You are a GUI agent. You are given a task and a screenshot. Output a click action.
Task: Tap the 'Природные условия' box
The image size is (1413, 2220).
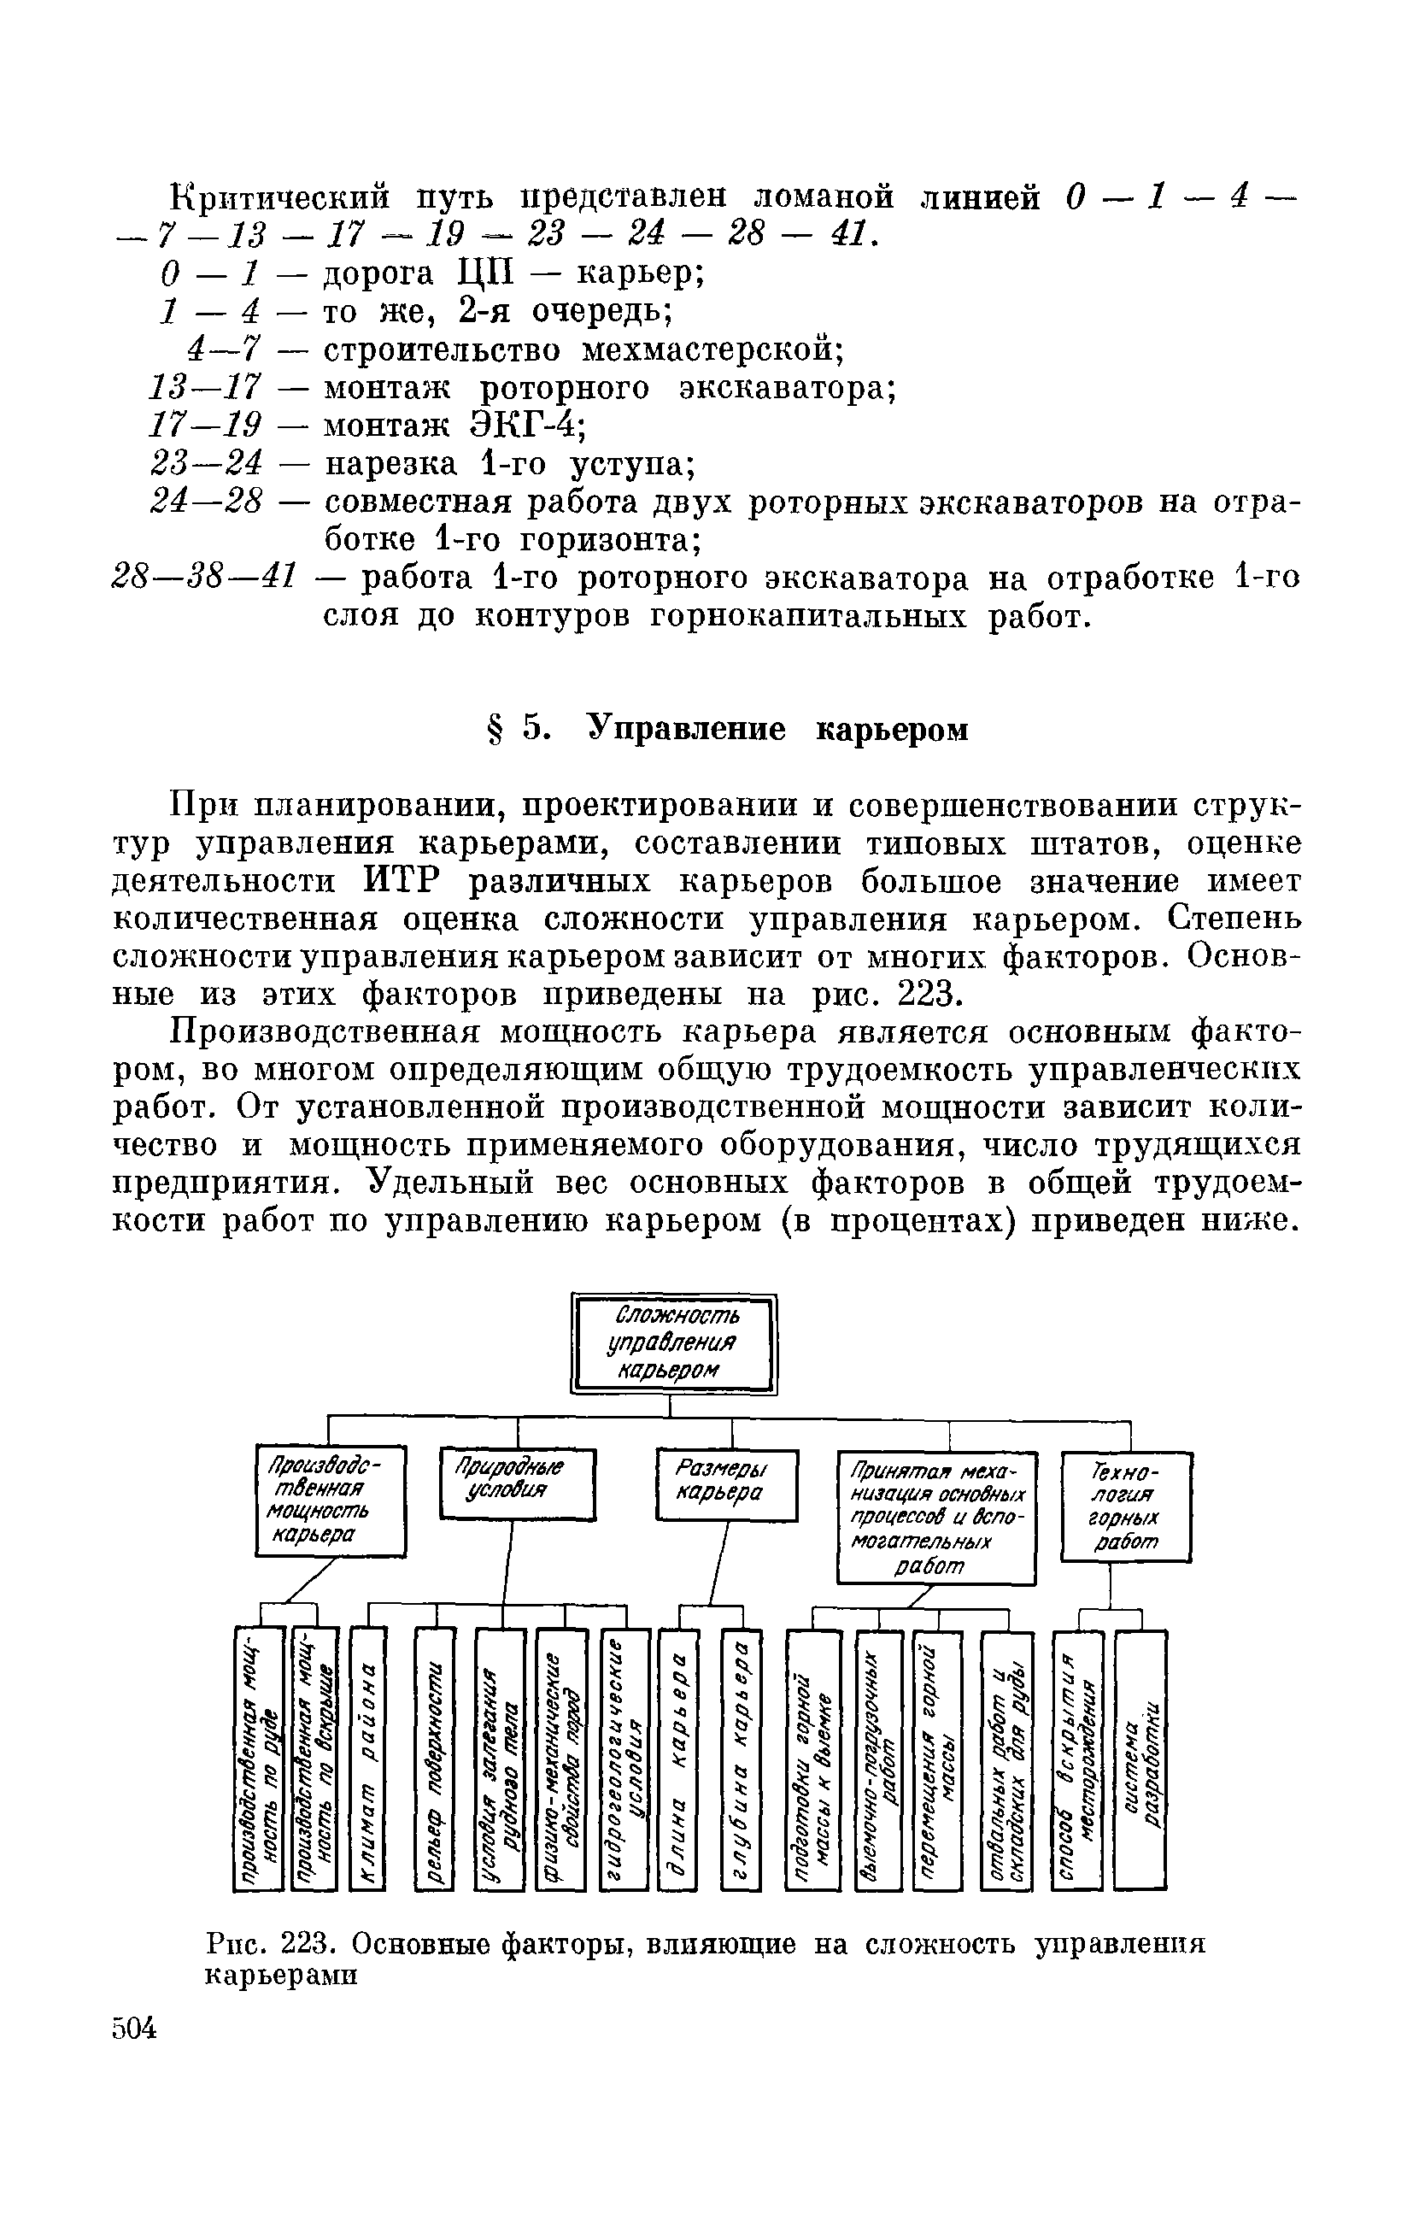click(x=517, y=1483)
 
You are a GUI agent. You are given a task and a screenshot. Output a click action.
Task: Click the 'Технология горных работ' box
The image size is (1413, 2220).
click(x=1126, y=1506)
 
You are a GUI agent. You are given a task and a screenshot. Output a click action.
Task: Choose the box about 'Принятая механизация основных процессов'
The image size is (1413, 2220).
click(x=936, y=1518)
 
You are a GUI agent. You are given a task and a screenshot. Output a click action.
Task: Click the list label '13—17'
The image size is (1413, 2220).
click(x=206, y=387)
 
